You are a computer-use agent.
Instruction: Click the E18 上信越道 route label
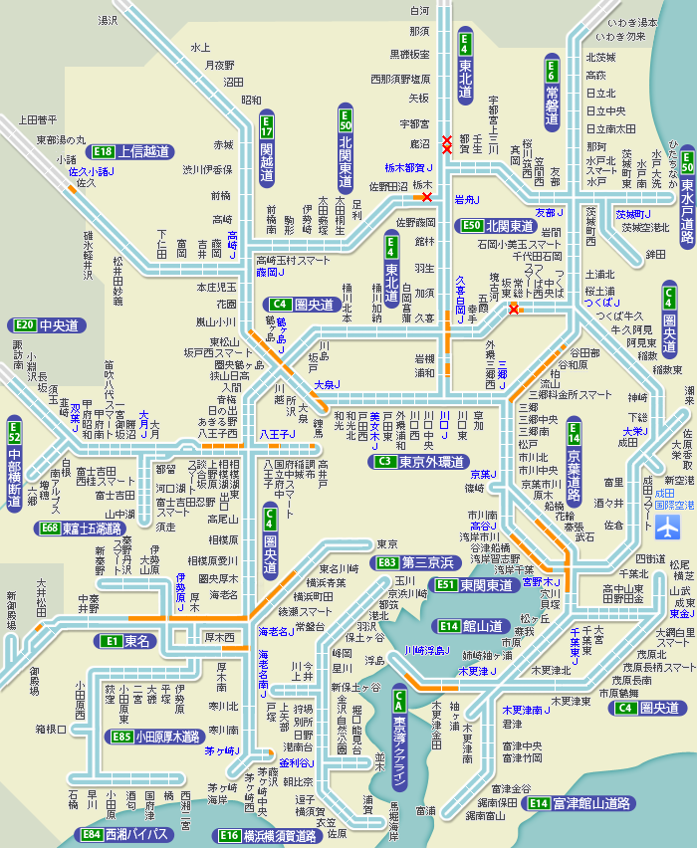(129, 152)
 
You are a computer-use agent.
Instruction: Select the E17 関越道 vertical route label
(267, 149)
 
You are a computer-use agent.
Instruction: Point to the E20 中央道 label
(47, 325)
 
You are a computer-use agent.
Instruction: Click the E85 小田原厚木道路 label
(155, 737)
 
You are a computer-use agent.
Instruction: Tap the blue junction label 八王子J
(274, 435)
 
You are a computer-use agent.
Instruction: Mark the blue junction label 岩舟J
(468, 200)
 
